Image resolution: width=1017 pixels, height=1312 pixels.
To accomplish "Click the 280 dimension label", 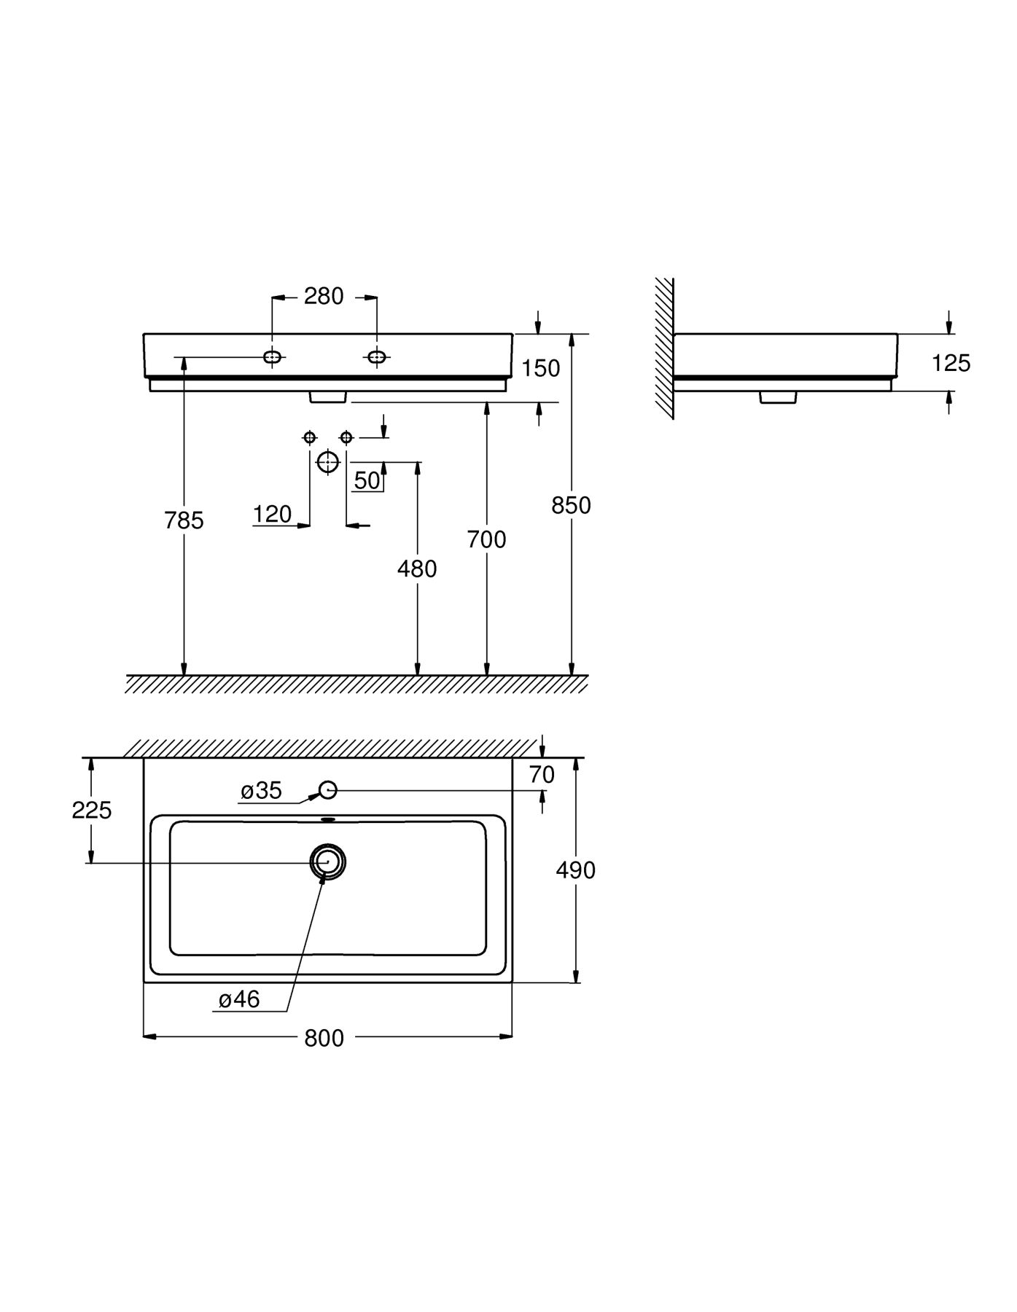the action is click(324, 297).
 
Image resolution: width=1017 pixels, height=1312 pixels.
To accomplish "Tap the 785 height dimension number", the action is click(184, 520).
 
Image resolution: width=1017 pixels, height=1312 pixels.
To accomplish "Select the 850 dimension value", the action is click(571, 505).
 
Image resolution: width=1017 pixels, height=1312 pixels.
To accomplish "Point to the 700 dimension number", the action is click(486, 539).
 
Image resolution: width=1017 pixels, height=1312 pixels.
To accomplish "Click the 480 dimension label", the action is click(417, 569).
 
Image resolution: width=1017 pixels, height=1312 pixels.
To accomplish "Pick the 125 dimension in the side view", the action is click(951, 363).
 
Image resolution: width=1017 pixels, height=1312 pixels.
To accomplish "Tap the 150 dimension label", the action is click(541, 368).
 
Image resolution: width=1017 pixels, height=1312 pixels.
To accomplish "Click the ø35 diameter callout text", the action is click(261, 791).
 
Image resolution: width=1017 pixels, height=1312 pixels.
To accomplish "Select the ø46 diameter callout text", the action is click(239, 999).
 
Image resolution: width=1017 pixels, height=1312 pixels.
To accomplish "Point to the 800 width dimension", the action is click(324, 1038).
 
